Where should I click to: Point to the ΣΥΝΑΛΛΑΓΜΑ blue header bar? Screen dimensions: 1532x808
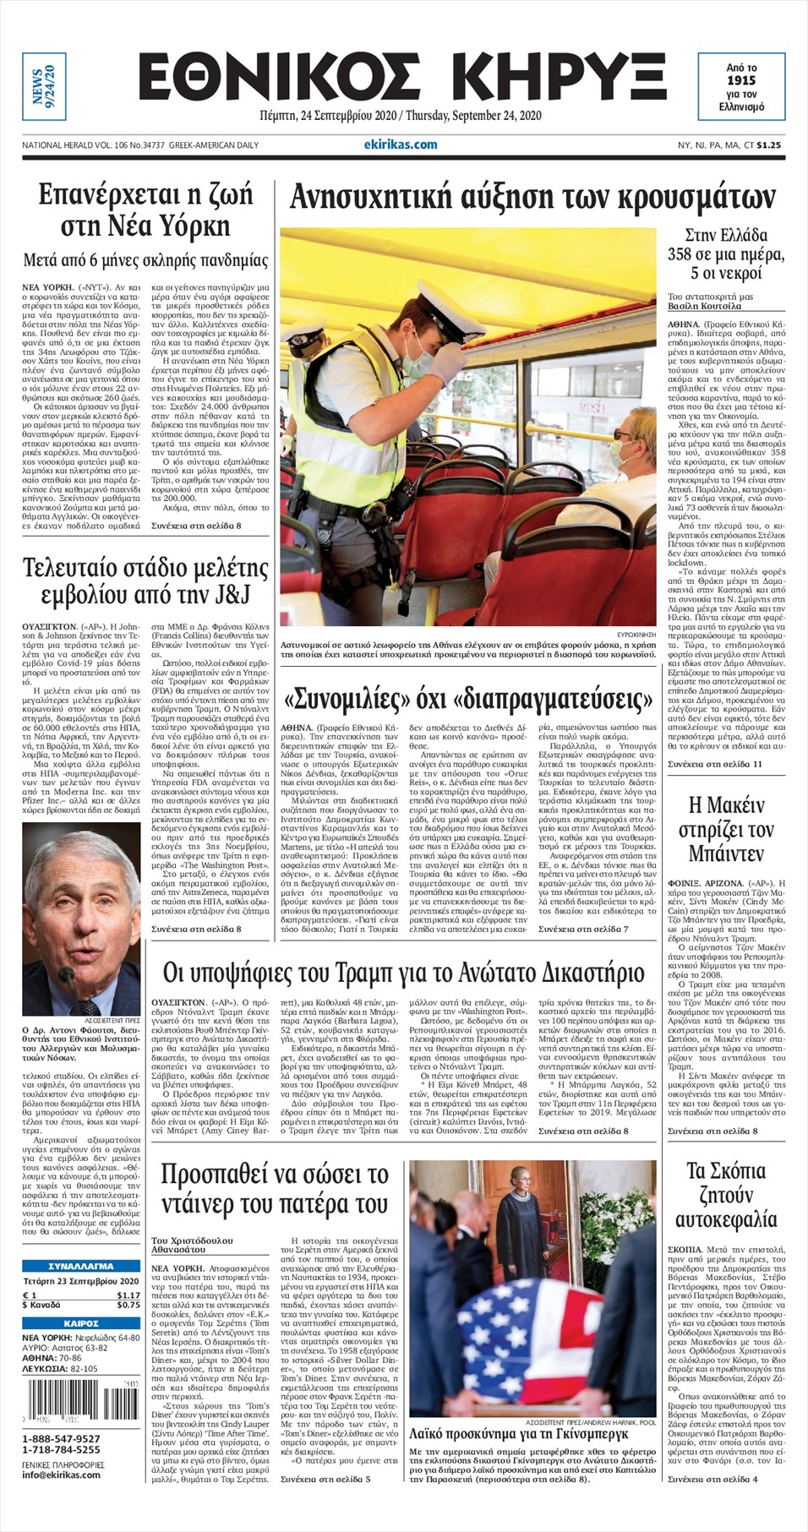coord(81,1267)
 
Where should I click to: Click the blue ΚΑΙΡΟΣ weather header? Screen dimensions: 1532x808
coord(81,1323)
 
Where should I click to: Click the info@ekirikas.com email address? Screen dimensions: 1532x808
coord(61,1475)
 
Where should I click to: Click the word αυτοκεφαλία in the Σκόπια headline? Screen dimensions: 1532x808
coord(726,1219)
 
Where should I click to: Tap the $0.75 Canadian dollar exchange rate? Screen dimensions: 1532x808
coord(128,1306)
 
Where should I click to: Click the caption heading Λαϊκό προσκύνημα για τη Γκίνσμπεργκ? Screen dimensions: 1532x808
coord(518,1434)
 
